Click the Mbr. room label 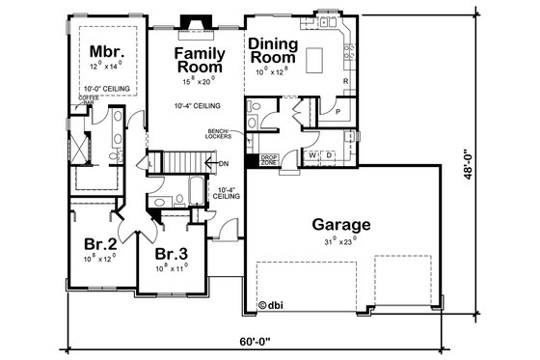[104, 51]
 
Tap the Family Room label [200, 60]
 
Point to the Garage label [340, 225]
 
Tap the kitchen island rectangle [316, 62]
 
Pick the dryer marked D [329, 154]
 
